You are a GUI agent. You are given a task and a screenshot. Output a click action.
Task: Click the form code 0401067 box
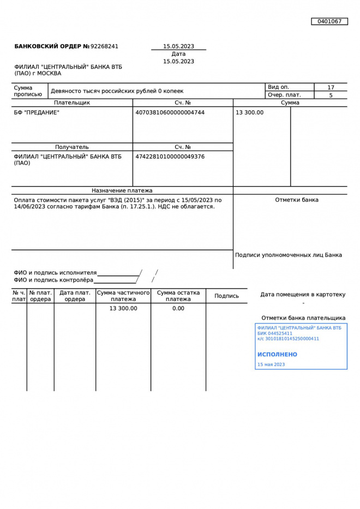point(329,21)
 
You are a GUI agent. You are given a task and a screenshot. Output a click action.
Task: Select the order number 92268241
point(104,46)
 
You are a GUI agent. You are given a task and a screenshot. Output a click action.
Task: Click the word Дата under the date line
point(178,54)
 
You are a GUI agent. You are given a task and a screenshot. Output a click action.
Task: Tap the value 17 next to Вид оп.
point(331,87)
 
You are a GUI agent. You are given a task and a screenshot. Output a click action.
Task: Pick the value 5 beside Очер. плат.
point(331,95)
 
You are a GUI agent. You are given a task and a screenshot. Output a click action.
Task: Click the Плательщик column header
point(72,103)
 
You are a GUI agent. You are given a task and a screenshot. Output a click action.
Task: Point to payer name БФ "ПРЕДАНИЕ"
point(37,112)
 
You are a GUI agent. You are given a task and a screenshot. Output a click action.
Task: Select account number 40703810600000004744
point(170,112)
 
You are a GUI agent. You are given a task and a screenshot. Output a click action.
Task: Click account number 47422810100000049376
point(170,157)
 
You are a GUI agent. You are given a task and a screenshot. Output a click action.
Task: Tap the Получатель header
point(72,147)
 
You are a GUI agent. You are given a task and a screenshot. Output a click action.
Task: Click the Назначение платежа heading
point(122,190)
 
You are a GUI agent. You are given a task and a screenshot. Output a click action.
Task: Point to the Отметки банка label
point(297,200)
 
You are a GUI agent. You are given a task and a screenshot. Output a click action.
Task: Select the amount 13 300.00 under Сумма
point(249,112)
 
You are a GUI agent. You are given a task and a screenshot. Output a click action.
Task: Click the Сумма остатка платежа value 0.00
point(178,308)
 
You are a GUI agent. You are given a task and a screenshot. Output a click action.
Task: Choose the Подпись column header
point(226,296)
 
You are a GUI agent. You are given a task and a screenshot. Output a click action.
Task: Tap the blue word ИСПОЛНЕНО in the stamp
point(277,354)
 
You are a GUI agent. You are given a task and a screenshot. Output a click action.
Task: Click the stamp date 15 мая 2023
point(271,364)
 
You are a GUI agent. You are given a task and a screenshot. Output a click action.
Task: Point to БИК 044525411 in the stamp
point(275,333)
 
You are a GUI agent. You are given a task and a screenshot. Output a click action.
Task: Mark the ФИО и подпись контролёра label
point(53,280)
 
